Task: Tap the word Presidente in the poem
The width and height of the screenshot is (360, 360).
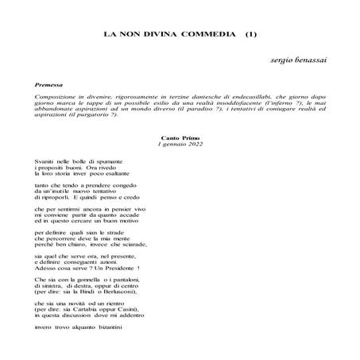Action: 115,269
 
